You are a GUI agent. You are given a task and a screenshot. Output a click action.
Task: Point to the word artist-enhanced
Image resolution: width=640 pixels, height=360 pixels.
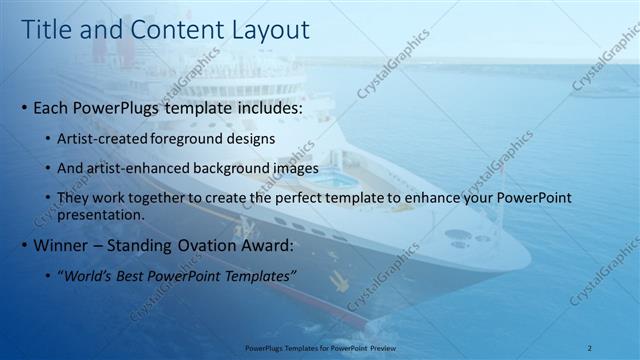tap(138, 168)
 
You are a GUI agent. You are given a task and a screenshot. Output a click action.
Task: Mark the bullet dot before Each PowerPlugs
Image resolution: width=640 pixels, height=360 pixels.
tap(24, 107)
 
